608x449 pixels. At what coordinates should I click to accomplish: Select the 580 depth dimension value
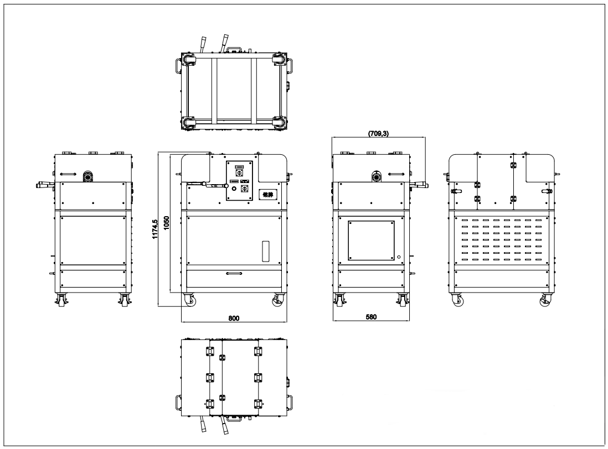371,317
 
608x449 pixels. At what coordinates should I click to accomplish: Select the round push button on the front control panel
234,189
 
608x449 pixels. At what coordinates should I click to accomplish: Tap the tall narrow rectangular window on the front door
265,252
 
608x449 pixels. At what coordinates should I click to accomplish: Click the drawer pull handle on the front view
234,273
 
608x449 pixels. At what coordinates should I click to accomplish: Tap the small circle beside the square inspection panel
398,257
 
